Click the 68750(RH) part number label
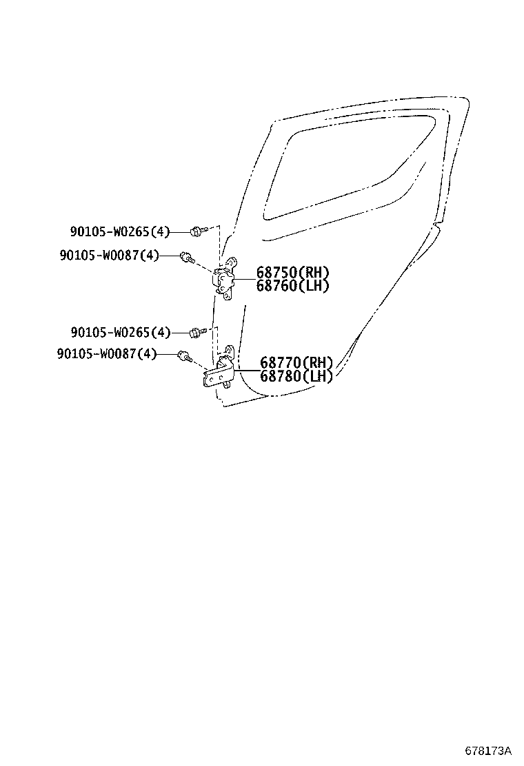pos(292,273)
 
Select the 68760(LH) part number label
pos(292,285)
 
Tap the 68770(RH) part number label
pos(296,363)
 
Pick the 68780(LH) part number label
pos(296,375)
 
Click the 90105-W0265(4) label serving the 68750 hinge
pos(120,231)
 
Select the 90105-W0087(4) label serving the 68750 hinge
pos(110,255)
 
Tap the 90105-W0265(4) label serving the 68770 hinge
pos(121,333)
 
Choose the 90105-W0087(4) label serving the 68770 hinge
pos(107,353)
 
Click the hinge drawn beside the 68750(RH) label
pos(225,278)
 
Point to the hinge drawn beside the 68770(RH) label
pos(219,369)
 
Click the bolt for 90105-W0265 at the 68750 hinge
pos(199,231)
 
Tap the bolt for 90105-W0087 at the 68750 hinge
pos(187,257)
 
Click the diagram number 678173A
pos(488,750)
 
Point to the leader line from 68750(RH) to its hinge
pos(245,280)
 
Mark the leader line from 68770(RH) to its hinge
pos(248,370)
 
